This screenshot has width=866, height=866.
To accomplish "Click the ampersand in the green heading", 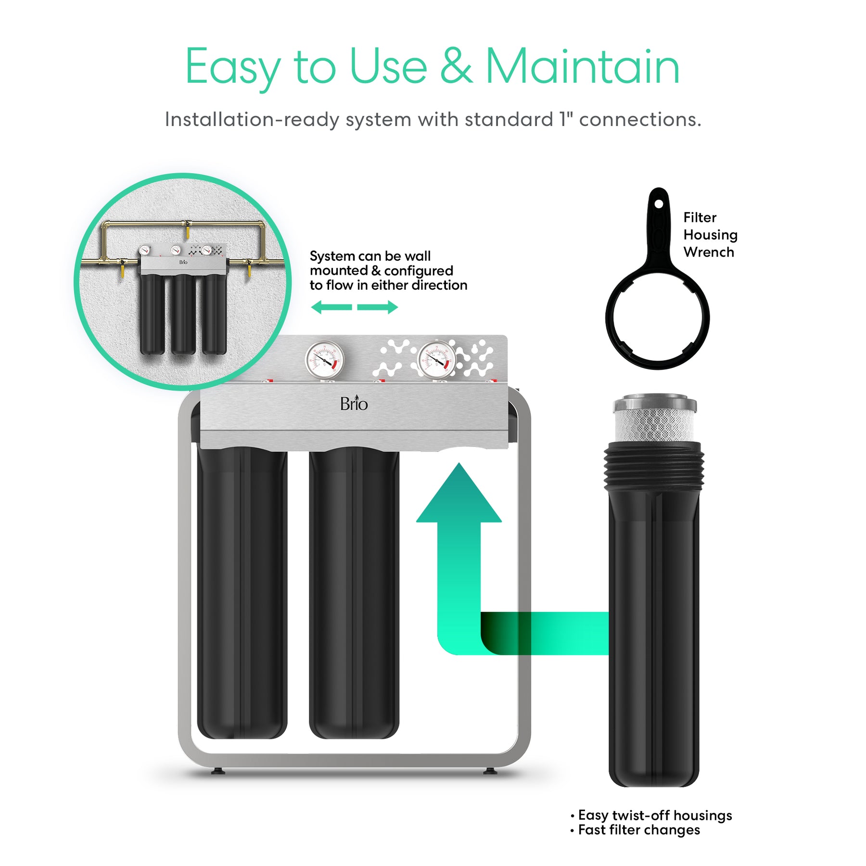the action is [456, 66].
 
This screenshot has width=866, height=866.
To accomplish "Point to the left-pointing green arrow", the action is [331, 307].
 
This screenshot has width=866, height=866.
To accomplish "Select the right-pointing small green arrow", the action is [378, 307].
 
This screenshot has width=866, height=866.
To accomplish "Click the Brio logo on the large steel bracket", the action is [354, 403].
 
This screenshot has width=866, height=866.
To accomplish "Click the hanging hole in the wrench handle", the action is [659, 204].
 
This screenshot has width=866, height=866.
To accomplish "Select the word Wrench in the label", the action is [709, 252].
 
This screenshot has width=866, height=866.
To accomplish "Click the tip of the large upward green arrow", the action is [459, 463].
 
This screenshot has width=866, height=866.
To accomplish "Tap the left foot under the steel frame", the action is [218, 771].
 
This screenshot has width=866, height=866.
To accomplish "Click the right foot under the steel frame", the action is [490, 771].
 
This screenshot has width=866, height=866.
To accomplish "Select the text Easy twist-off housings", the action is [655, 815].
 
